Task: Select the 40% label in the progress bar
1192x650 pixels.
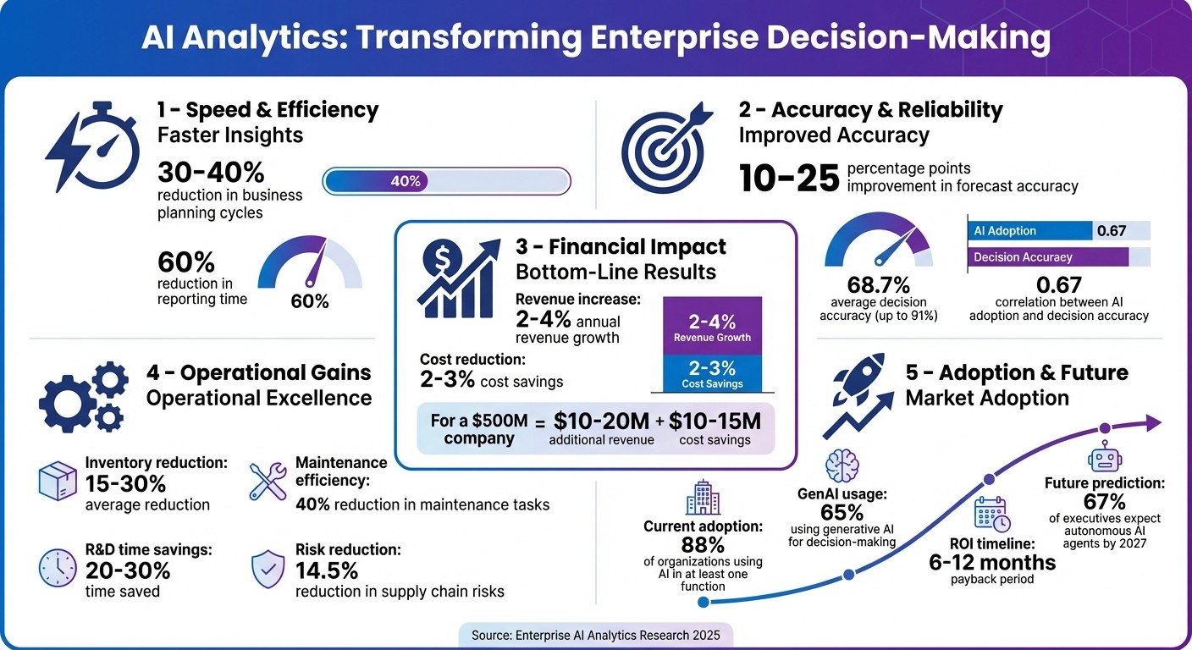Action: pyautogui.click(x=406, y=181)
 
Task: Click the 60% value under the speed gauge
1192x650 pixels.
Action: pyautogui.click(x=310, y=300)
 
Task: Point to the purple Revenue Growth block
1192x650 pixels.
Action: pyautogui.click(x=711, y=327)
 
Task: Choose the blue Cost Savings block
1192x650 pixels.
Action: pyautogui.click(x=711, y=373)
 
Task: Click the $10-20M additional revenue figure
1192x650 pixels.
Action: pyautogui.click(x=601, y=421)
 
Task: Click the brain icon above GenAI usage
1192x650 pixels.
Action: pyautogui.click(x=842, y=465)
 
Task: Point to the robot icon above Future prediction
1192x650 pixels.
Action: pyautogui.click(x=1104, y=459)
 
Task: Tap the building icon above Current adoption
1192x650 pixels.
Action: pyautogui.click(x=704, y=498)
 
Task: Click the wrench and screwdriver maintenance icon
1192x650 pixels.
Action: pyautogui.click(x=268, y=481)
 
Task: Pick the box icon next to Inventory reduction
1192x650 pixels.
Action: pyautogui.click(x=58, y=481)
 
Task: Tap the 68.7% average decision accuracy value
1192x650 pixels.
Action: pyautogui.click(x=878, y=285)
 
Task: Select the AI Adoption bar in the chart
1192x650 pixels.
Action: pyautogui.click(x=1030, y=231)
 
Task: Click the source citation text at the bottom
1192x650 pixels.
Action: pyautogui.click(x=595, y=634)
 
